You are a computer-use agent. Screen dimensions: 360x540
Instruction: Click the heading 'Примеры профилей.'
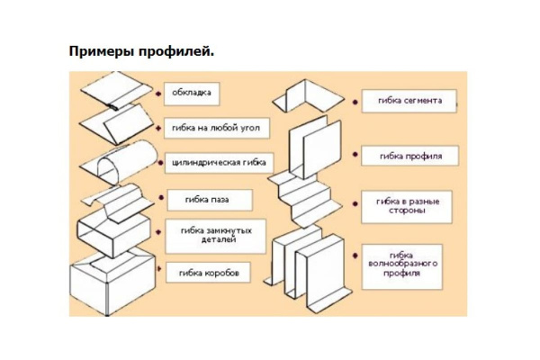pyautogui.click(x=141, y=50)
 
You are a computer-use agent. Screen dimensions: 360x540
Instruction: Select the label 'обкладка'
pyautogui.click(x=193, y=93)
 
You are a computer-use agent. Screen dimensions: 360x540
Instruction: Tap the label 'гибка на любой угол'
pyautogui.click(x=214, y=128)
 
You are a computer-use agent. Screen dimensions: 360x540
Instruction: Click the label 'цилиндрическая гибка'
pyautogui.click(x=219, y=163)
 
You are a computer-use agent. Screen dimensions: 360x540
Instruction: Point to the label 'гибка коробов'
pyautogui.click(x=209, y=271)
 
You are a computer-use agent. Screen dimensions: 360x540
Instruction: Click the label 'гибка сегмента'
pyautogui.click(x=409, y=101)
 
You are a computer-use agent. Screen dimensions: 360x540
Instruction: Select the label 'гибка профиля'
pyautogui.click(x=409, y=156)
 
